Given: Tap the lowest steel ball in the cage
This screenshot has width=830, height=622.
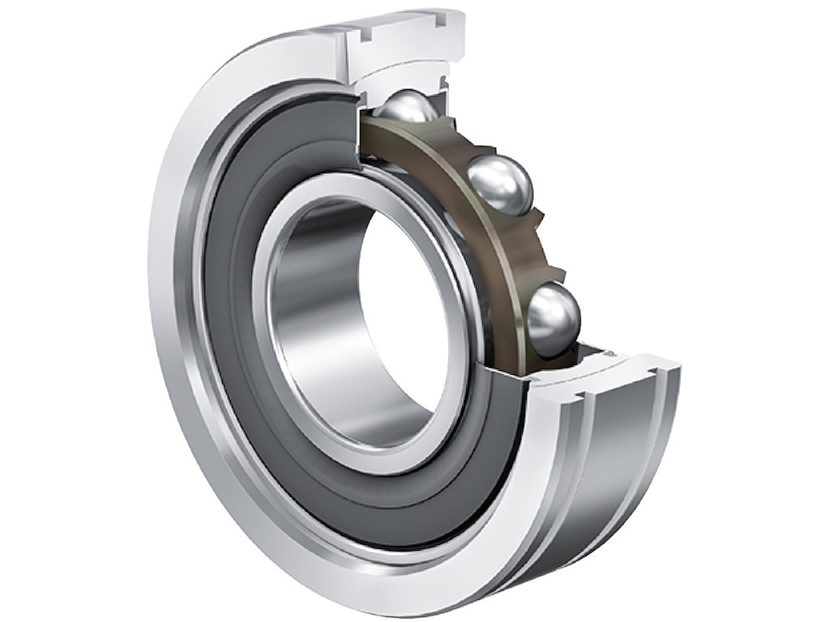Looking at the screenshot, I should point(554,313).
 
